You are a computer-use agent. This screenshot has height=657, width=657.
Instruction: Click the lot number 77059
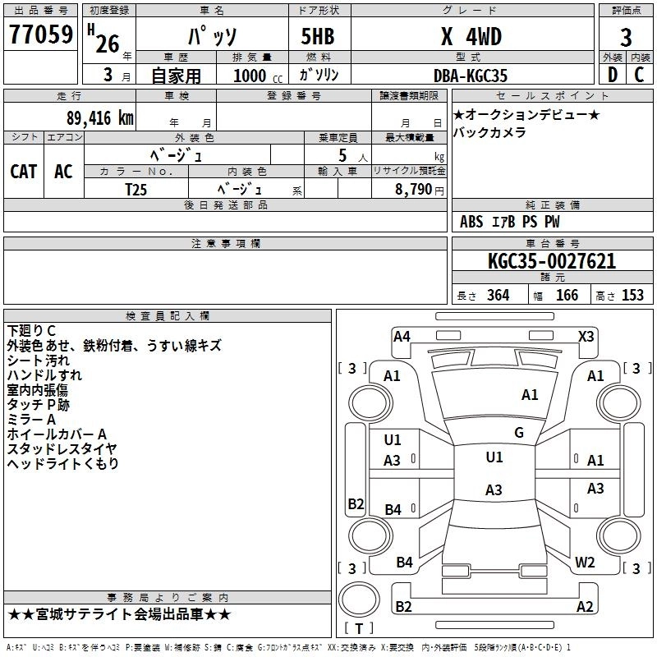pyautogui.click(x=41, y=34)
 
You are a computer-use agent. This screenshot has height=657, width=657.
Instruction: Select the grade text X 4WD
pyautogui.click(x=471, y=36)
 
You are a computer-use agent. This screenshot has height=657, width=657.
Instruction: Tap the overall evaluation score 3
pyautogui.click(x=626, y=37)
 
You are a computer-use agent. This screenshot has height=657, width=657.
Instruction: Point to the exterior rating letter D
pyautogui.click(x=613, y=75)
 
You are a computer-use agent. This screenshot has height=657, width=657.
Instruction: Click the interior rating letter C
pyautogui.click(x=639, y=75)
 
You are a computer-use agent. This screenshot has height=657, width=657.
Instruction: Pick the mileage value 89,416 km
pyautogui.click(x=99, y=118)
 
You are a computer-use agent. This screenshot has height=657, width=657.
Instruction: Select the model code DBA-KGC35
pyautogui.click(x=470, y=76)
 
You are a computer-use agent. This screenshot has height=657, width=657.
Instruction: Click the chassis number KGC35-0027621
pyautogui.click(x=552, y=261)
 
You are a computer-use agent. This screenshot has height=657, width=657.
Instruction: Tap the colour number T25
pyautogui.click(x=136, y=190)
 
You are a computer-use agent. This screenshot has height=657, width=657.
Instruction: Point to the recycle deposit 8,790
pyautogui.click(x=414, y=190)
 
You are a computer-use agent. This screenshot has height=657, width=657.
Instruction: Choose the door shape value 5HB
pyautogui.click(x=318, y=36)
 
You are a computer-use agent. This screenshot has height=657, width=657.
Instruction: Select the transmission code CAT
pyautogui.click(x=24, y=172)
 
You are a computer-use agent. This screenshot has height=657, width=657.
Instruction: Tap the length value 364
pyautogui.click(x=498, y=295)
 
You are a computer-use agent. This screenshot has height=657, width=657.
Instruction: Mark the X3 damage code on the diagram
pyautogui.click(x=586, y=337)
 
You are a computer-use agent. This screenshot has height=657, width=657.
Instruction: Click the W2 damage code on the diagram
pyautogui.click(x=585, y=562)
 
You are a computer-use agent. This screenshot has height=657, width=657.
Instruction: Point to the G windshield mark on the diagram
pyautogui.click(x=519, y=432)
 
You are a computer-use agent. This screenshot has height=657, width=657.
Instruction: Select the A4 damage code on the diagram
pyautogui.click(x=402, y=337)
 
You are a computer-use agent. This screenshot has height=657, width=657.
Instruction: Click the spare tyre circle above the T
pyautogui.click(x=359, y=599)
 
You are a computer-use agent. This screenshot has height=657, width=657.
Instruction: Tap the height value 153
pyautogui.click(x=632, y=295)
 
